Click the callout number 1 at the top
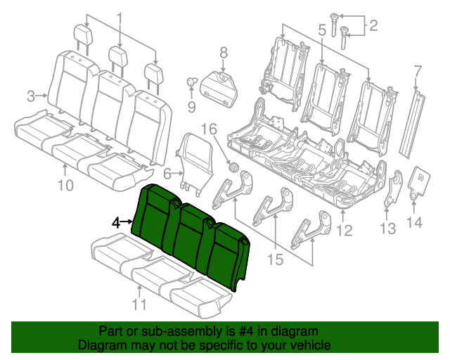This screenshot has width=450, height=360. [119, 18]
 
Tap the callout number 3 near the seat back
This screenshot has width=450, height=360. [31, 95]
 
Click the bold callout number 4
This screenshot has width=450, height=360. [116, 222]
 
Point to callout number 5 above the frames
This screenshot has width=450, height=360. [321, 30]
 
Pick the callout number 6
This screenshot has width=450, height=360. [167, 173]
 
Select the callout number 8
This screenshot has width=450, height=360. [224, 51]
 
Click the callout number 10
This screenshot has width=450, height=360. [65, 186]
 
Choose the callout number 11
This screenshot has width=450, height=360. [140, 304]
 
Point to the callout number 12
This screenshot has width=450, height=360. [344, 229]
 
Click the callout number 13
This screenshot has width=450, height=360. [387, 229]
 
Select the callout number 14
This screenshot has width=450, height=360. [414, 223]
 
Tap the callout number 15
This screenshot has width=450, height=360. [274, 259]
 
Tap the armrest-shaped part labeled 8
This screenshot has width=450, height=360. [222, 88]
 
